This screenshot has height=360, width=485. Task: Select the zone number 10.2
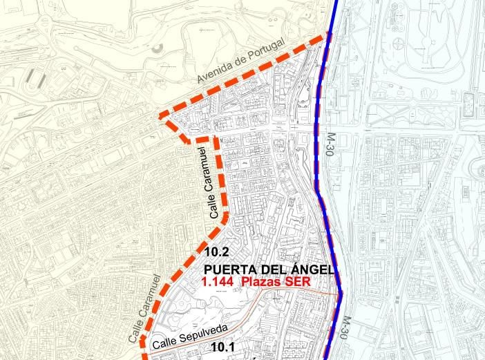(216, 252)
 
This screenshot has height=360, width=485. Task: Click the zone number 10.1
(224, 348)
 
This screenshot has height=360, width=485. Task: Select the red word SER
(299, 282)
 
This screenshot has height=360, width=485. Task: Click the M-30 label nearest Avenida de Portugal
(326, 147)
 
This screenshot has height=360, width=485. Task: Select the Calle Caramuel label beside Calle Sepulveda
(146, 308)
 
